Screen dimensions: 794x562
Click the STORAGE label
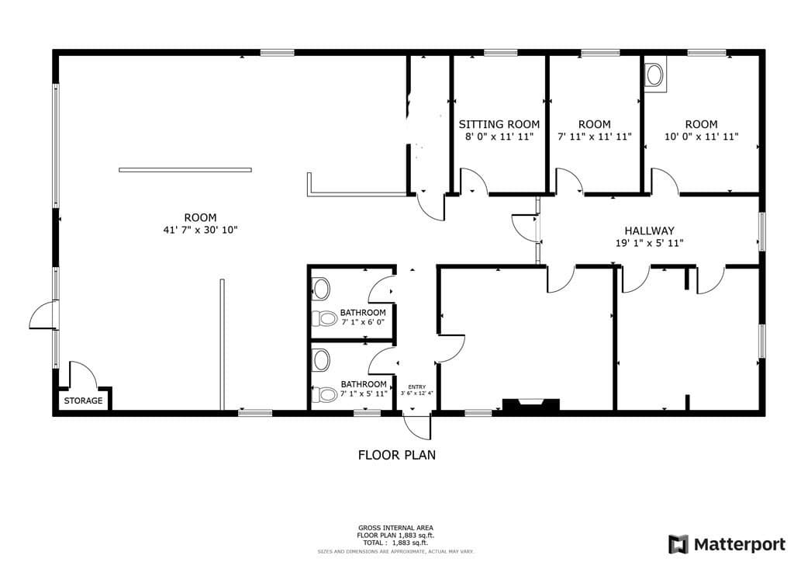click(x=83, y=401)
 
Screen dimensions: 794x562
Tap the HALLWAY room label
click(x=649, y=231)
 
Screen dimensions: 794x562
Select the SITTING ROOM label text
click(x=499, y=124)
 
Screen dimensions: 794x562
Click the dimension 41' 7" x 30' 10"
click(x=201, y=230)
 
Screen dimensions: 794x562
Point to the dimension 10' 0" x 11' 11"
click(x=701, y=137)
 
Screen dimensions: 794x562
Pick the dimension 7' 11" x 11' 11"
click(x=595, y=137)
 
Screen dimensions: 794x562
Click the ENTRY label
click(x=416, y=387)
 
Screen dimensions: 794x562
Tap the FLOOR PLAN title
click(x=396, y=455)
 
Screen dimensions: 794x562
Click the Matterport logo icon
click(x=678, y=544)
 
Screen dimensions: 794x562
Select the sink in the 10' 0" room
click(x=655, y=75)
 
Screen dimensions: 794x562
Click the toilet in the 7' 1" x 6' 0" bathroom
click(x=324, y=319)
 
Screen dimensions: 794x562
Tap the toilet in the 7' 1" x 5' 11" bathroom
click(x=324, y=394)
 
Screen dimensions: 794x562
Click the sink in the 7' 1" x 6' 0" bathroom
click(x=320, y=290)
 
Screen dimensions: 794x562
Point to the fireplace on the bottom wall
click(x=530, y=404)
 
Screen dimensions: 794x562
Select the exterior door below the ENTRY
click(x=416, y=427)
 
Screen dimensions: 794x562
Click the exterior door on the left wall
click(x=44, y=315)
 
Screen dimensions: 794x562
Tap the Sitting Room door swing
click(x=474, y=181)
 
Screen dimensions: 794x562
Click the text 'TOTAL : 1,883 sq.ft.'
click(x=395, y=543)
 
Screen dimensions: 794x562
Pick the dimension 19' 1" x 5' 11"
click(x=649, y=243)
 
